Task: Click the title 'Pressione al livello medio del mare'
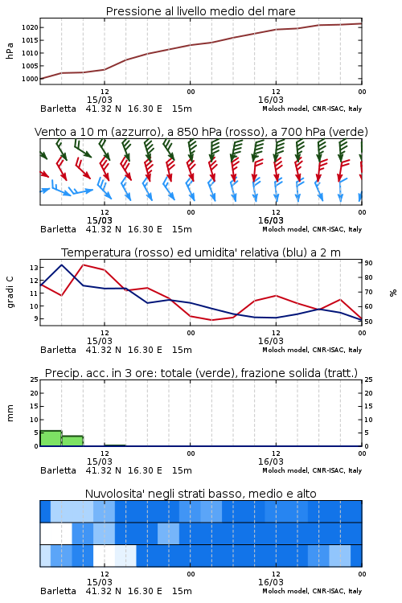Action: (200, 11)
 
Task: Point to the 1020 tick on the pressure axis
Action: (30, 27)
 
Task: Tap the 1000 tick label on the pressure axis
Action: (30, 79)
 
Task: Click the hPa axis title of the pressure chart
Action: (10, 51)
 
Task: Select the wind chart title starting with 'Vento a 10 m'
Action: (201, 132)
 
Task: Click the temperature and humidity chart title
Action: (201, 252)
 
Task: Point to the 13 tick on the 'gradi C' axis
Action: (34, 267)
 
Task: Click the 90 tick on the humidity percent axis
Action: (368, 263)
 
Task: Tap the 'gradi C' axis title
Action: (10, 293)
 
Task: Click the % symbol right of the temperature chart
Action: (393, 293)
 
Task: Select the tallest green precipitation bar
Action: (51, 438)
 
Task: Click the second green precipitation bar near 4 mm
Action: (72, 441)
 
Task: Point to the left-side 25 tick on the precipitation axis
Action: (35, 379)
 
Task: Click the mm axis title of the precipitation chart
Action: (10, 413)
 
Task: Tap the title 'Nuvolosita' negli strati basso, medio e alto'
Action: (200, 494)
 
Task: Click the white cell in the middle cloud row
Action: (56, 533)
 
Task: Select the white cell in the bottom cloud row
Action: (104, 556)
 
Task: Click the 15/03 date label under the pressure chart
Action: (99, 100)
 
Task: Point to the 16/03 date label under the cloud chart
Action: (271, 582)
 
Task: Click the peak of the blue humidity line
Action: (62, 265)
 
